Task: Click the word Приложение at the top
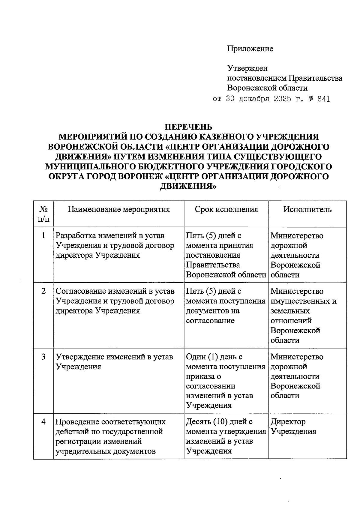[250, 49]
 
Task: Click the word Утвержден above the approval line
[247, 68]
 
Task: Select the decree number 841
[323, 99]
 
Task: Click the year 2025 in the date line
[282, 99]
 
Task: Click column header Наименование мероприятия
[119, 209]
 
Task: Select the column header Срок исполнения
[226, 209]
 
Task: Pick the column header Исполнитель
[307, 209]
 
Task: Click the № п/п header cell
[44, 214]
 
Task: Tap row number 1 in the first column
[44, 236]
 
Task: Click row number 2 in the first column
[44, 291]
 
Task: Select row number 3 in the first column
[44, 357]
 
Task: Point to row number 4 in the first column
[44, 422]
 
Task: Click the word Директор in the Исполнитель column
[288, 422]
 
